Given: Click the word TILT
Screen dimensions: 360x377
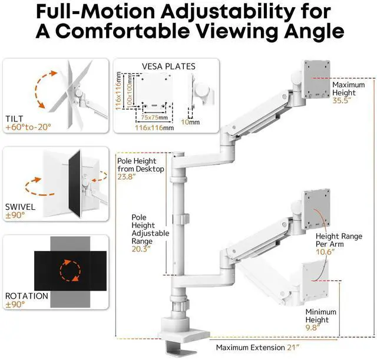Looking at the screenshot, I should pyautogui.click(x=15, y=118).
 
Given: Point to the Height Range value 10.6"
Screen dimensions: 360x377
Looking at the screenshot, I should pyautogui.click(x=325, y=252).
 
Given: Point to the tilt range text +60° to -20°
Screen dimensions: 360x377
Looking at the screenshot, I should pyautogui.click(x=28, y=127).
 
